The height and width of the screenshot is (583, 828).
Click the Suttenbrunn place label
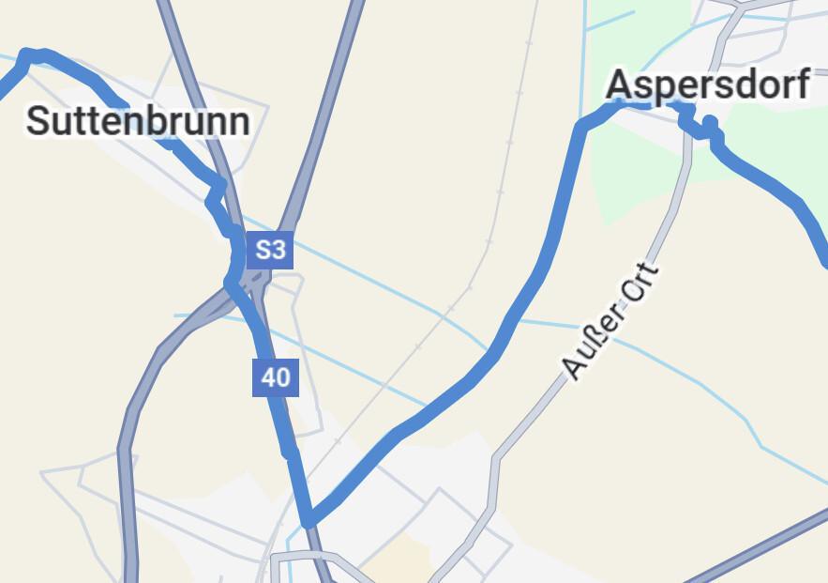click(x=138, y=121)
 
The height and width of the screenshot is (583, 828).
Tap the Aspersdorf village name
click(x=707, y=85)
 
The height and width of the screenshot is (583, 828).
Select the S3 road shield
click(x=270, y=250)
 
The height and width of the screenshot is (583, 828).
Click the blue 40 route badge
click(x=276, y=377)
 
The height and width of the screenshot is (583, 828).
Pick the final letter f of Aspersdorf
click(x=801, y=84)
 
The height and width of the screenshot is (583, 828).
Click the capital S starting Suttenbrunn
click(x=38, y=122)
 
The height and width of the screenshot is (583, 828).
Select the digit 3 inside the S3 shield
click(x=278, y=250)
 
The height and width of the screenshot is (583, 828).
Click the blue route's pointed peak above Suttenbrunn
click(x=27, y=54)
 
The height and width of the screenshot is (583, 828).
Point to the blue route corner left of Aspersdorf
click(x=582, y=125)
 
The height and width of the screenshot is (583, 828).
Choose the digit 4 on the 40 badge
click(x=268, y=377)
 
